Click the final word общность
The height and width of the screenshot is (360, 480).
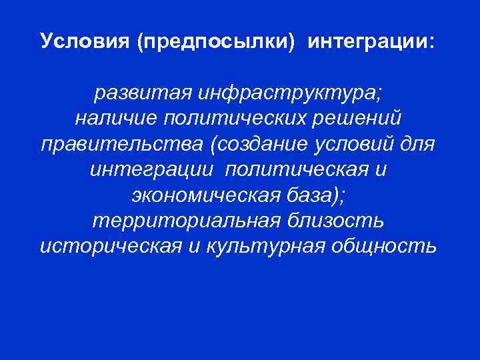pyautogui.click(x=385, y=246)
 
